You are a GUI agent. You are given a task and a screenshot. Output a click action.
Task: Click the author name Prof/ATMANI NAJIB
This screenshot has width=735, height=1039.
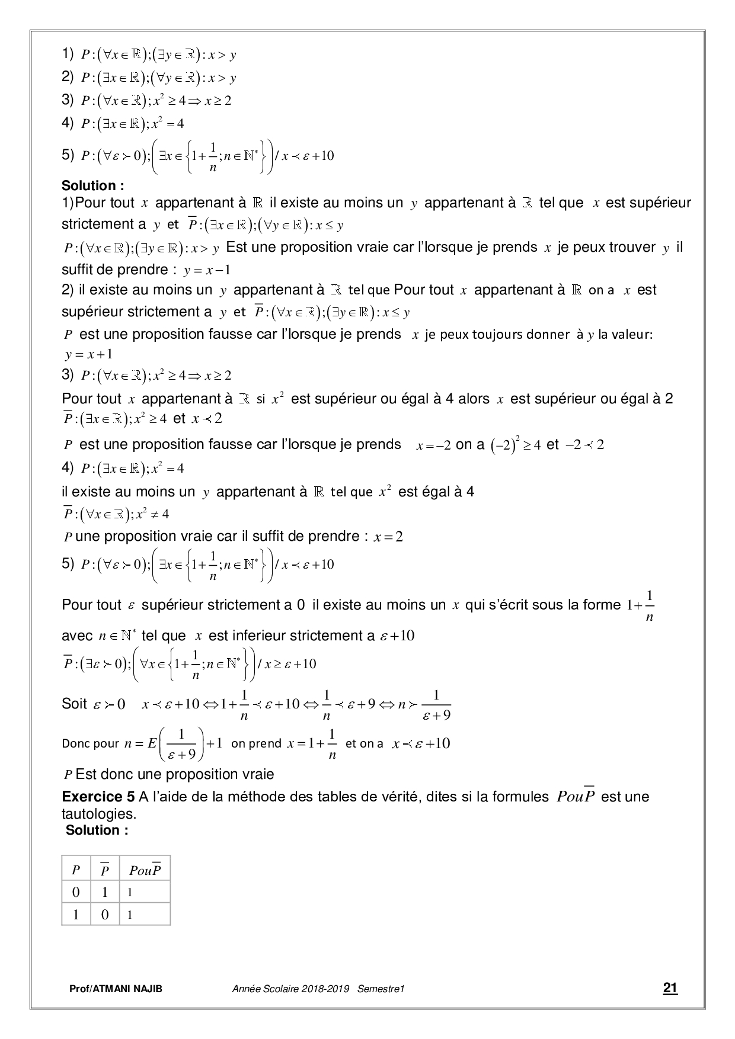pos(116,989)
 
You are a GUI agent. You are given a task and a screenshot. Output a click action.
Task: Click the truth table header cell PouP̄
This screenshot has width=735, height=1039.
pos(145,870)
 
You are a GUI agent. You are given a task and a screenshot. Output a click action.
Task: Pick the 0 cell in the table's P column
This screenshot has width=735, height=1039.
pos(76,892)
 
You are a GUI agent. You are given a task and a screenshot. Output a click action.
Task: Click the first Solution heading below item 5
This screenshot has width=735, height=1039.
pos(93,185)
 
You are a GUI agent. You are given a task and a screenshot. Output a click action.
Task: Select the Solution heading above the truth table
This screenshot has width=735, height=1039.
pos(97,830)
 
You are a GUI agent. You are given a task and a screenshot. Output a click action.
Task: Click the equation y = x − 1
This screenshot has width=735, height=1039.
pos(207,271)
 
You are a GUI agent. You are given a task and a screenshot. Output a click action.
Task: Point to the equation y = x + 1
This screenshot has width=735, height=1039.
pos(88,355)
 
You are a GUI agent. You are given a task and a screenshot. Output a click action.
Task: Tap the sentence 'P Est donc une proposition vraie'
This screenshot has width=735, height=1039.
pos(169,774)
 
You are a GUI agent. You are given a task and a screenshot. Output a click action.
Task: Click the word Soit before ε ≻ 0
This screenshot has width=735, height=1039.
pos(74,704)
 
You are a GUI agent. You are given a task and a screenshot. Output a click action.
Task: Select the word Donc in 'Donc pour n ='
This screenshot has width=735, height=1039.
pos(76,743)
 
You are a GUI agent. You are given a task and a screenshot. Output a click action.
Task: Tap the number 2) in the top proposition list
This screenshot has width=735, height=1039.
pos(67,77)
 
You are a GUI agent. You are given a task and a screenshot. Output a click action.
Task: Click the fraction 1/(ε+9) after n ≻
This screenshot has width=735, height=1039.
pos(437,705)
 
